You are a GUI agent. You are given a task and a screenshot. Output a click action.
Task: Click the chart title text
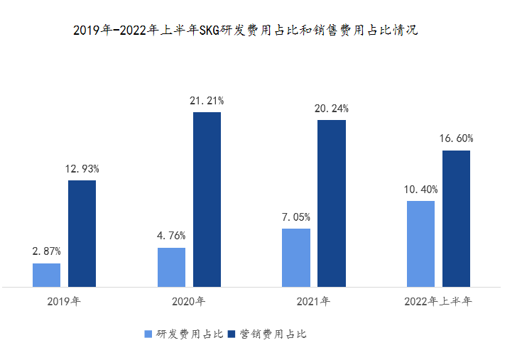click(245, 31)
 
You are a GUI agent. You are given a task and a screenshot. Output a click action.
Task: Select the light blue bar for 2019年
click(46, 275)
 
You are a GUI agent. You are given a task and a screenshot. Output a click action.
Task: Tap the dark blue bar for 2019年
click(82, 234)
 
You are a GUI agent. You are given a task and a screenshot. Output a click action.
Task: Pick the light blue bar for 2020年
click(171, 267)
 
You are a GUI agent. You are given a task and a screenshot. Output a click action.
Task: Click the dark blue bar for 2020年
click(207, 200)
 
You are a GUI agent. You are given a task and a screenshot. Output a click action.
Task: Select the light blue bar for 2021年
click(296, 258)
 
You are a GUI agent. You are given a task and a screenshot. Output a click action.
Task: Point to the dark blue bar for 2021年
click(332, 203)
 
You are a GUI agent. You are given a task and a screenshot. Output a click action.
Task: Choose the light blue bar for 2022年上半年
click(420, 244)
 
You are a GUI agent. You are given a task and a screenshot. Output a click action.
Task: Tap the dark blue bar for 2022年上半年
click(456, 219)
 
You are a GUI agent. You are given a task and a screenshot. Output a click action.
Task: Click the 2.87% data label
click(46, 251)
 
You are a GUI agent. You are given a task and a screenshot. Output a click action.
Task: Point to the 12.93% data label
click(82, 169)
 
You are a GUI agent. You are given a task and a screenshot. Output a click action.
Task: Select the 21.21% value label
click(207, 101)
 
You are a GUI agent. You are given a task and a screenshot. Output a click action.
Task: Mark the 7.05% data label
click(296, 217)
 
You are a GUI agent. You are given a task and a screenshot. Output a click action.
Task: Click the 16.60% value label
click(456, 138)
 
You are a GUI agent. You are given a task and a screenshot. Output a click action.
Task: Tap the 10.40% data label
click(420, 190)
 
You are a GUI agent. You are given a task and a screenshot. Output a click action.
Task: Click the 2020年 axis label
click(188, 301)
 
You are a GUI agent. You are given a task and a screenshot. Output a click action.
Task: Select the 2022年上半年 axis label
click(437, 301)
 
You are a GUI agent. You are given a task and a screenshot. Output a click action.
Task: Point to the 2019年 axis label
click(64, 301)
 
